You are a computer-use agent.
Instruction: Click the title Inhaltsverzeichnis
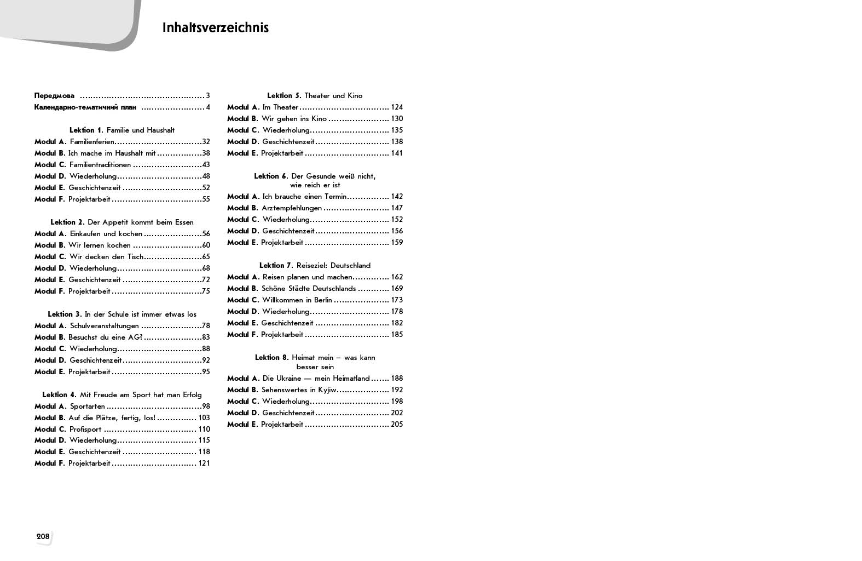[x=215, y=28]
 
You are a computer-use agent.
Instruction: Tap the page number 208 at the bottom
[x=43, y=536]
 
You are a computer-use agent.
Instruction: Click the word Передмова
[x=54, y=96]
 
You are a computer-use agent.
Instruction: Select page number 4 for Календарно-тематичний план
[x=208, y=107]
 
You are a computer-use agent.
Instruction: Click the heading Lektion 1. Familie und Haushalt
[x=122, y=130]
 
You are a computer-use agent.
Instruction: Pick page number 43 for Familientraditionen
[x=206, y=165]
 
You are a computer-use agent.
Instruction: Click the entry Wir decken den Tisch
[x=106, y=257]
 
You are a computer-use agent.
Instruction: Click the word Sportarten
[x=88, y=407]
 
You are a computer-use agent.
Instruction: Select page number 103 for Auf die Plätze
[x=204, y=418]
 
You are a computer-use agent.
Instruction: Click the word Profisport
[x=85, y=430]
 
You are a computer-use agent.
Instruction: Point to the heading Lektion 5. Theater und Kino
[x=315, y=96]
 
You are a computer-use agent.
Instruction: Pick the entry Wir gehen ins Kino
[x=294, y=119]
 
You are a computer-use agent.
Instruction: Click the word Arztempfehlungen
[x=292, y=208]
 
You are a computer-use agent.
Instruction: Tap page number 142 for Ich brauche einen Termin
[x=397, y=197]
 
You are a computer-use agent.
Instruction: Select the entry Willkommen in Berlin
[x=297, y=300]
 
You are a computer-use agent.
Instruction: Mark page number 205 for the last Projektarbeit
[x=397, y=425]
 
